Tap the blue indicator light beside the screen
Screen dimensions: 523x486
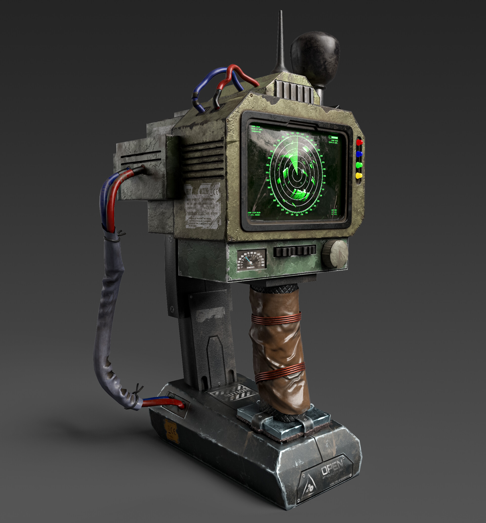coord(359,154)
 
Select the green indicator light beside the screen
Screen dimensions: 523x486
coord(359,165)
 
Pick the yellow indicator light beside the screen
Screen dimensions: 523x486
coord(359,175)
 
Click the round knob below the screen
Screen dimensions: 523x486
coord(335,254)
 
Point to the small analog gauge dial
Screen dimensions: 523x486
coord(251,260)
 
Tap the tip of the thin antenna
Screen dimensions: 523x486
coord(280,12)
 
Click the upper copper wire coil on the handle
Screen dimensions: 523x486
coord(276,318)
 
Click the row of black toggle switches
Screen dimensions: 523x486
coord(294,251)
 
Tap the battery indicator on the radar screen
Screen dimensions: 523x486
coord(333,138)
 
